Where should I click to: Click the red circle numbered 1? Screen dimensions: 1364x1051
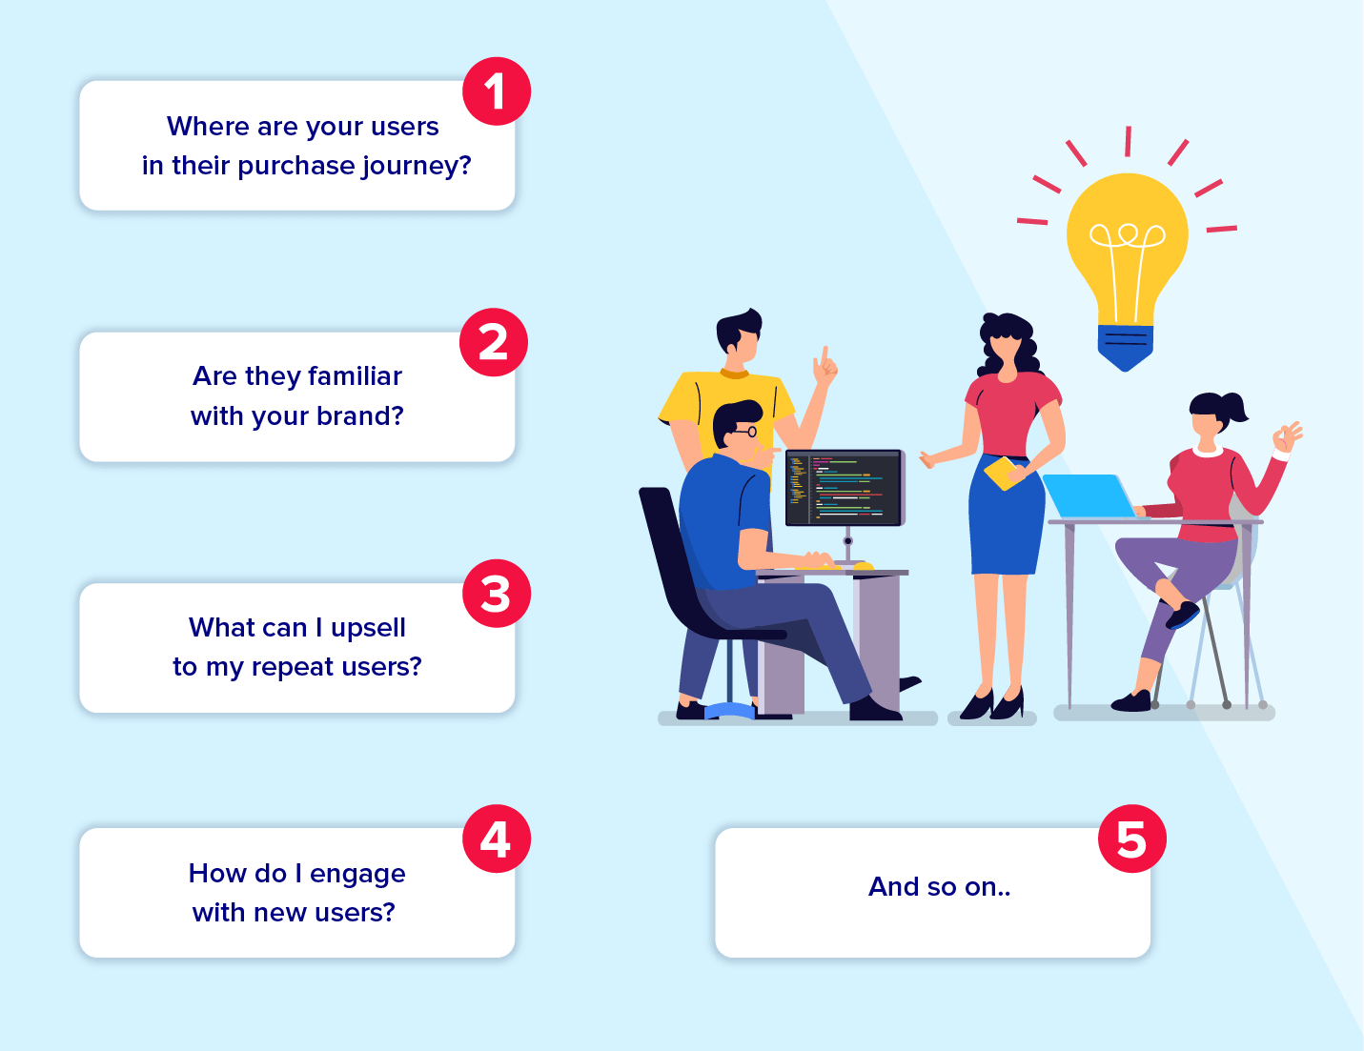click(x=497, y=91)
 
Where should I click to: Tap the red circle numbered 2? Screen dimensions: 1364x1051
click(x=494, y=342)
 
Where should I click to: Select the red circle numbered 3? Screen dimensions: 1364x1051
click(x=497, y=593)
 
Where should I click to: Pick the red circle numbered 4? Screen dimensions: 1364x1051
click(x=497, y=839)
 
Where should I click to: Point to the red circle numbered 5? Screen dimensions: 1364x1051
click(x=1131, y=839)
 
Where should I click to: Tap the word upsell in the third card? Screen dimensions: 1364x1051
click(x=368, y=629)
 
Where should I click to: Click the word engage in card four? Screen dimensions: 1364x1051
click(x=357, y=875)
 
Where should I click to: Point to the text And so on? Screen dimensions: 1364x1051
click(x=939, y=886)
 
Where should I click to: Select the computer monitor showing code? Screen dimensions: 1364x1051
click(x=845, y=488)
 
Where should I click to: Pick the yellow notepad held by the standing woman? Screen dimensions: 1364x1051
click(x=1003, y=474)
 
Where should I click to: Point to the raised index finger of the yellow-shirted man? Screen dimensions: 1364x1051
click(x=825, y=355)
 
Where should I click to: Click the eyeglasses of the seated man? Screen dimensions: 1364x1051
click(x=745, y=432)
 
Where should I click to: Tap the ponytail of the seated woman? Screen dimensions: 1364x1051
click(x=1233, y=407)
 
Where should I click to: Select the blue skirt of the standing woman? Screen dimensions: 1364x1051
click(x=1007, y=515)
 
